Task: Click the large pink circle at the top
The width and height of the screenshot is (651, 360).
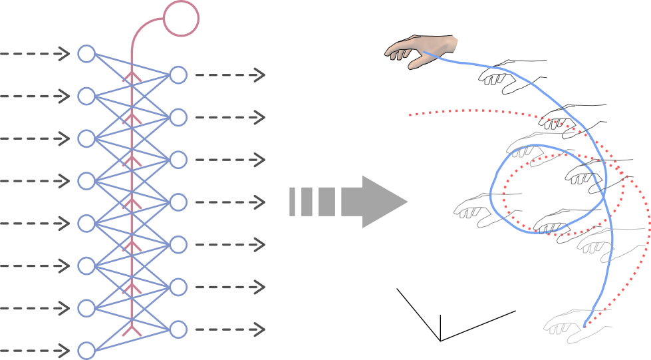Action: (x=181, y=17)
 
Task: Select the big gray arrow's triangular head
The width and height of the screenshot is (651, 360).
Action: (x=383, y=202)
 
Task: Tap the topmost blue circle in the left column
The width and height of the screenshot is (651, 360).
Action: (x=86, y=53)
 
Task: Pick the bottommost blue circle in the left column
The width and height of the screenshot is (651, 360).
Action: (x=86, y=351)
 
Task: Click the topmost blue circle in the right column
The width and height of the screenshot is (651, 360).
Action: (x=178, y=75)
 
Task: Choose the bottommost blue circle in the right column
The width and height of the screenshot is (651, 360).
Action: (x=178, y=329)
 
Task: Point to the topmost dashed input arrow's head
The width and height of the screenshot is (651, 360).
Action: (x=65, y=53)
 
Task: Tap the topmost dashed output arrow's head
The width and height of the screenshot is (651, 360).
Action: (x=260, y=75)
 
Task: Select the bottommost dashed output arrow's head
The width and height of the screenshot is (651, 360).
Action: (x=260, y=329)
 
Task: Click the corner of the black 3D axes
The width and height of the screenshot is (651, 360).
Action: (x=440, y=340)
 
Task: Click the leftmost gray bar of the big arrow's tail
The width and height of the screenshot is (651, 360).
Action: (x=292, y=202)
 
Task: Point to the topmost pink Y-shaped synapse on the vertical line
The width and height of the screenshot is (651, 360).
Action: (x=133, y=78)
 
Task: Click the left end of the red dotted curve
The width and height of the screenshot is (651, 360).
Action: (x=410, y=116)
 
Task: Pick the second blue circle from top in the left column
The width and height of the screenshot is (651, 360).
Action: (x=86, y=96)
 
